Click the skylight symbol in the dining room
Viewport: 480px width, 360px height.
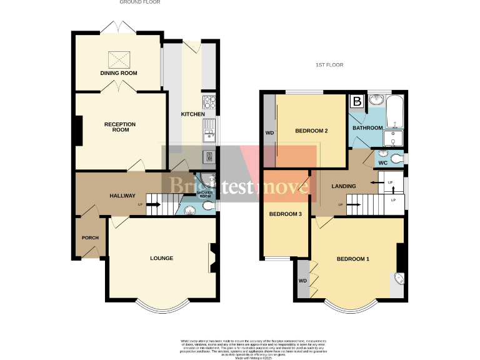point(118,59)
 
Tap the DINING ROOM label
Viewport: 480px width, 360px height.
point(118,73)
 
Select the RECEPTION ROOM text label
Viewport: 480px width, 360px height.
point(120,127)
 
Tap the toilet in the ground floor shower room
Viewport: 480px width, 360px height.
point(211,205)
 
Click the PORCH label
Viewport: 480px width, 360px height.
point(90,237)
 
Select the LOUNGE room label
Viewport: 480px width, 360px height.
point(161,258)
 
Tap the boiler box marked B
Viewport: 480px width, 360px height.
point(357,101)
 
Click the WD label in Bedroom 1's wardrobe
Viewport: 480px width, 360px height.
point(302,281)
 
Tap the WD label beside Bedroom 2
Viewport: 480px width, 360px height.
point(269,133)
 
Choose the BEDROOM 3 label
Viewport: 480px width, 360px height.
point(285,214)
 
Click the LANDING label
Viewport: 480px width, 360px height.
point(344,186)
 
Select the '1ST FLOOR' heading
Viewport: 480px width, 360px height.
point(329,65)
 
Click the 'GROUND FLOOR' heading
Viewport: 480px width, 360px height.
point(139,2)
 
